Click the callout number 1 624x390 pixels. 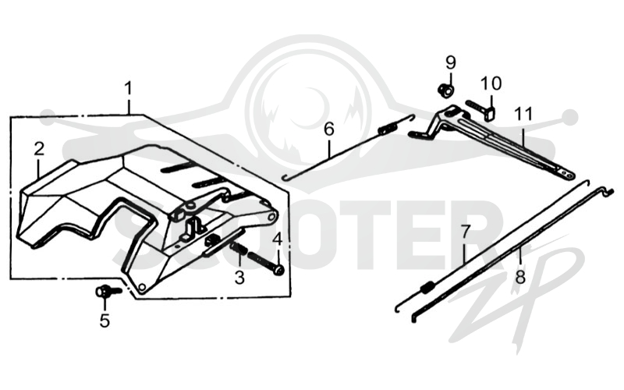[x=128, y=89]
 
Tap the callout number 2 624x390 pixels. [x=38, y=149]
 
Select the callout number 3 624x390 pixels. [x=239, y=278]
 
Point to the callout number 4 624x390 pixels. [x=278, y=239]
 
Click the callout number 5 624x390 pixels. [x=105, y=321]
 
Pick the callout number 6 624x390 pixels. [x=329, y=129]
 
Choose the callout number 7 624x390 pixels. [x=466, y=232]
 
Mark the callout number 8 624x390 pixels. [x=520, y=277]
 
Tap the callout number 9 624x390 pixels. [x=451, y=62]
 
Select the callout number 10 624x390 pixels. [x=491, y=83]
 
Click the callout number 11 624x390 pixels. [x=523, y=114]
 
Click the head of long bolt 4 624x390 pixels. [x=280, y=271]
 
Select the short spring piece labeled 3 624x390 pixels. [x=239, y=249]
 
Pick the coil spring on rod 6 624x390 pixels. [x=385, y=129]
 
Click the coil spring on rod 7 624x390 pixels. [x=427, y=287]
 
